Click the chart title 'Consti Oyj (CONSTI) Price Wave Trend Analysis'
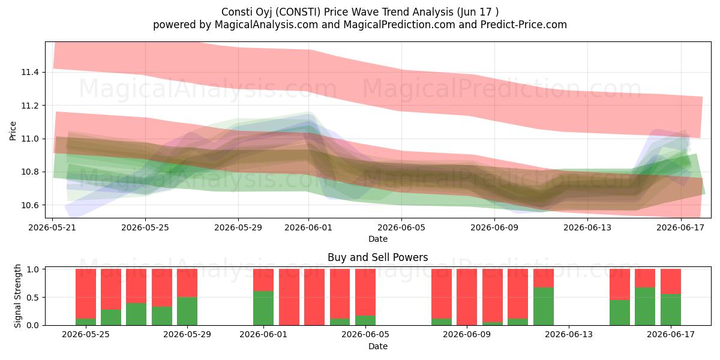tap(337, 12)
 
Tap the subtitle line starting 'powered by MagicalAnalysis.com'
tap(360, 25)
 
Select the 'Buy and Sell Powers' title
tap(377, 257)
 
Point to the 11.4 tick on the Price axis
tap(30, 73)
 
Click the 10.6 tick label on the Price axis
tap(30, 205)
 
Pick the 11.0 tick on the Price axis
tap(30, 139)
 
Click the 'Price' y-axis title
tap(13, 131)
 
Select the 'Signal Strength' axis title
tap(17, 296)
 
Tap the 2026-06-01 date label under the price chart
tap(308, 227)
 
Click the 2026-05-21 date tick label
tap(52, 227)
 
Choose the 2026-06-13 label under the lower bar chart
tap(569, 335)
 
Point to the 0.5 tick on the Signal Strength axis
tap(32, 298)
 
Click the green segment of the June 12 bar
tap(544, 307)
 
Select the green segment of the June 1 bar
tap(263, 308)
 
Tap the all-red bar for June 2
tap(289, 297)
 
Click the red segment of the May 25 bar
tap(86, 293)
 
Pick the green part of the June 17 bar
tap(671, 310)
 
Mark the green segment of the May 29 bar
tap(187, 311)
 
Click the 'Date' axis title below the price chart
tap(377, 239)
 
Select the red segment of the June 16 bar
tap(645, 278)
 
